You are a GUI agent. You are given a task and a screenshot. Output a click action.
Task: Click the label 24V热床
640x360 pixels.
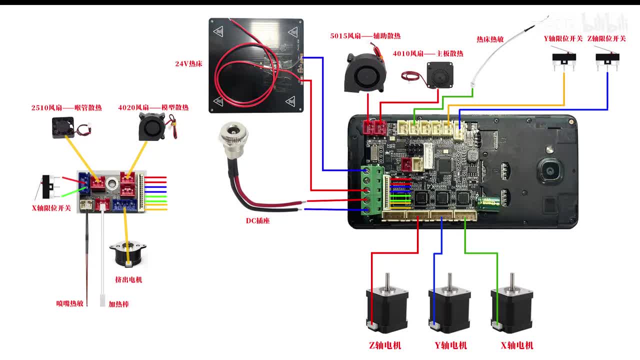[188, 64]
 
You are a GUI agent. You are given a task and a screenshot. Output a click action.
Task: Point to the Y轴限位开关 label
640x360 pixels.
[563, 38]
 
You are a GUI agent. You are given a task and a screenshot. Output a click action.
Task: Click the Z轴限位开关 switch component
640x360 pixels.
[607, 59]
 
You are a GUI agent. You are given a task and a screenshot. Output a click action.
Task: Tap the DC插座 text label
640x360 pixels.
[257, 220]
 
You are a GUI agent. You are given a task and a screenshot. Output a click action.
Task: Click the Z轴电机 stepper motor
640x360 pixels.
[386, 305]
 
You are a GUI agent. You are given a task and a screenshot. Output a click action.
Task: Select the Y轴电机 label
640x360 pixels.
[450, 345]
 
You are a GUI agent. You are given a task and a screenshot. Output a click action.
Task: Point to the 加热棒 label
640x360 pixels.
[118, 304]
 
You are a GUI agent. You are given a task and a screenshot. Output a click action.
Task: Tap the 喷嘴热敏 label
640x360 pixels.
[70, 303]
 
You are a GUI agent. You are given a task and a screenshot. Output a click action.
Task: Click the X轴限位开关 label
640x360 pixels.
[51, 208]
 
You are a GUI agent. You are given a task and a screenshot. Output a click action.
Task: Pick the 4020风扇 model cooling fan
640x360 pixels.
[151, 125]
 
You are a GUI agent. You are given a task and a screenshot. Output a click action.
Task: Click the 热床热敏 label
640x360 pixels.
[490, 39]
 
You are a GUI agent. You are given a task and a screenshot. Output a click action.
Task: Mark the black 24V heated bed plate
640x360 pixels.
[256, 65]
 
